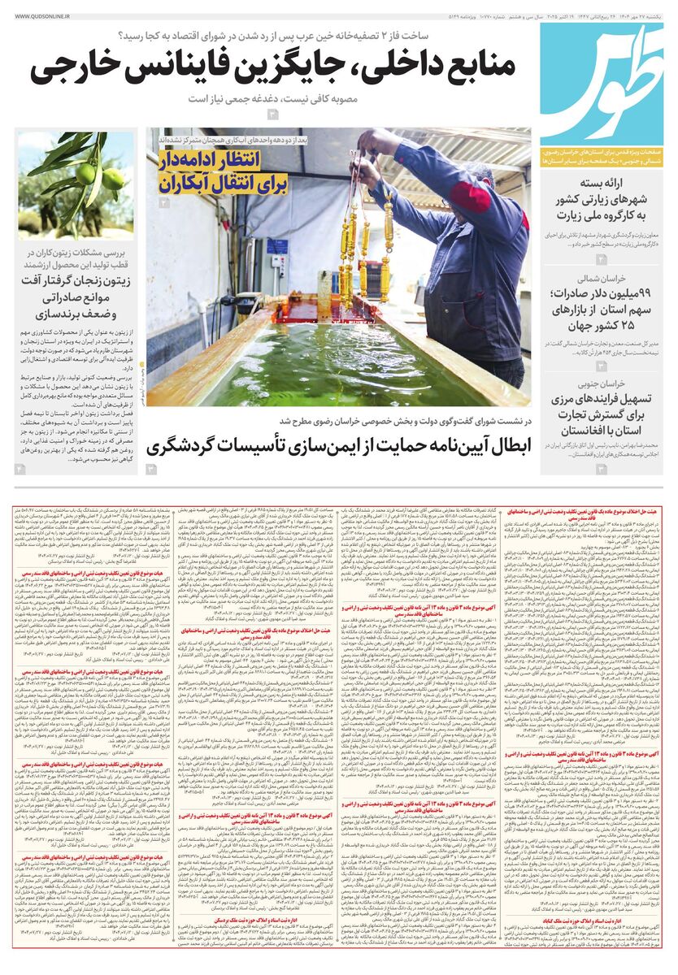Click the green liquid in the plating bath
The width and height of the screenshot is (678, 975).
tap(325, 357)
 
